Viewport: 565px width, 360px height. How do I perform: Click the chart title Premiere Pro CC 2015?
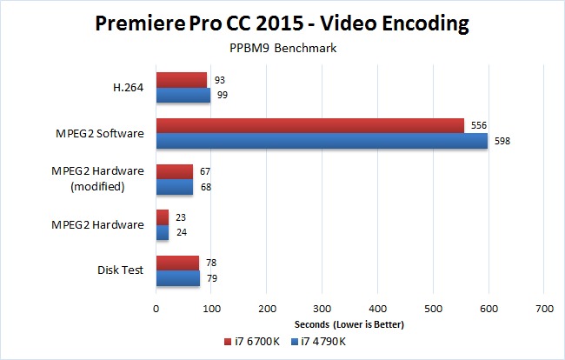282,23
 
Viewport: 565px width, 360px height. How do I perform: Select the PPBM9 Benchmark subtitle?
282,49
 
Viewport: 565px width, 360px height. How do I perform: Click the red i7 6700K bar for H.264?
182,80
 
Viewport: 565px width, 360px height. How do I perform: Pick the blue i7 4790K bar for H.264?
183,95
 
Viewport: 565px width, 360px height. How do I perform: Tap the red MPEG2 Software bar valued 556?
309,126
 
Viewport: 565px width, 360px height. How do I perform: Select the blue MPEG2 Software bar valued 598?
322,141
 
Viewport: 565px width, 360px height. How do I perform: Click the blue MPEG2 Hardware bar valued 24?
163,232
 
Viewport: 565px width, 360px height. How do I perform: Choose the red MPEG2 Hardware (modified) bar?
175,171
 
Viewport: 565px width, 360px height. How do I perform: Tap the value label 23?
179,217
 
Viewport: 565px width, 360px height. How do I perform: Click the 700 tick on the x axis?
545,308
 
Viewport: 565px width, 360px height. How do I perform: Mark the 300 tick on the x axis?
322,308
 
